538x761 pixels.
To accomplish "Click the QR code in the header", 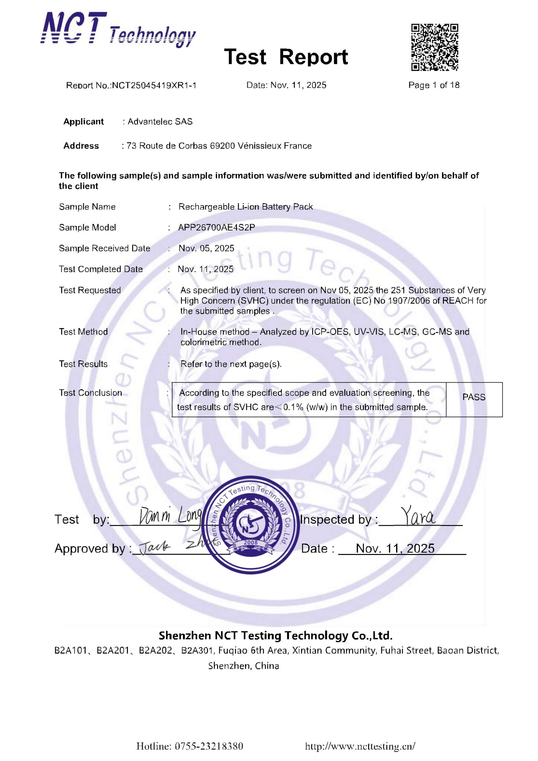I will tap(434, 47).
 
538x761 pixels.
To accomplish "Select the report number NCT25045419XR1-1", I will tap(154, 86).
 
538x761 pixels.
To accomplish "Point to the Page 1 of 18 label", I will tap(434, 85).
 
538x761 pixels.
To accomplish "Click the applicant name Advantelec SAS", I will tap(160, 122).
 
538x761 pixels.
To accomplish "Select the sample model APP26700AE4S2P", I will tap(216, 228).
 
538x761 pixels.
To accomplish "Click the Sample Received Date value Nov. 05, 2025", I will tap(206, 248).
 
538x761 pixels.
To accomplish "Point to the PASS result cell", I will tap(474, 397).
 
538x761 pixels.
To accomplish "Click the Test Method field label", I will tap(83, 332).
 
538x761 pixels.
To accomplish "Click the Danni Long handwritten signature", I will tap(170, 516).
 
